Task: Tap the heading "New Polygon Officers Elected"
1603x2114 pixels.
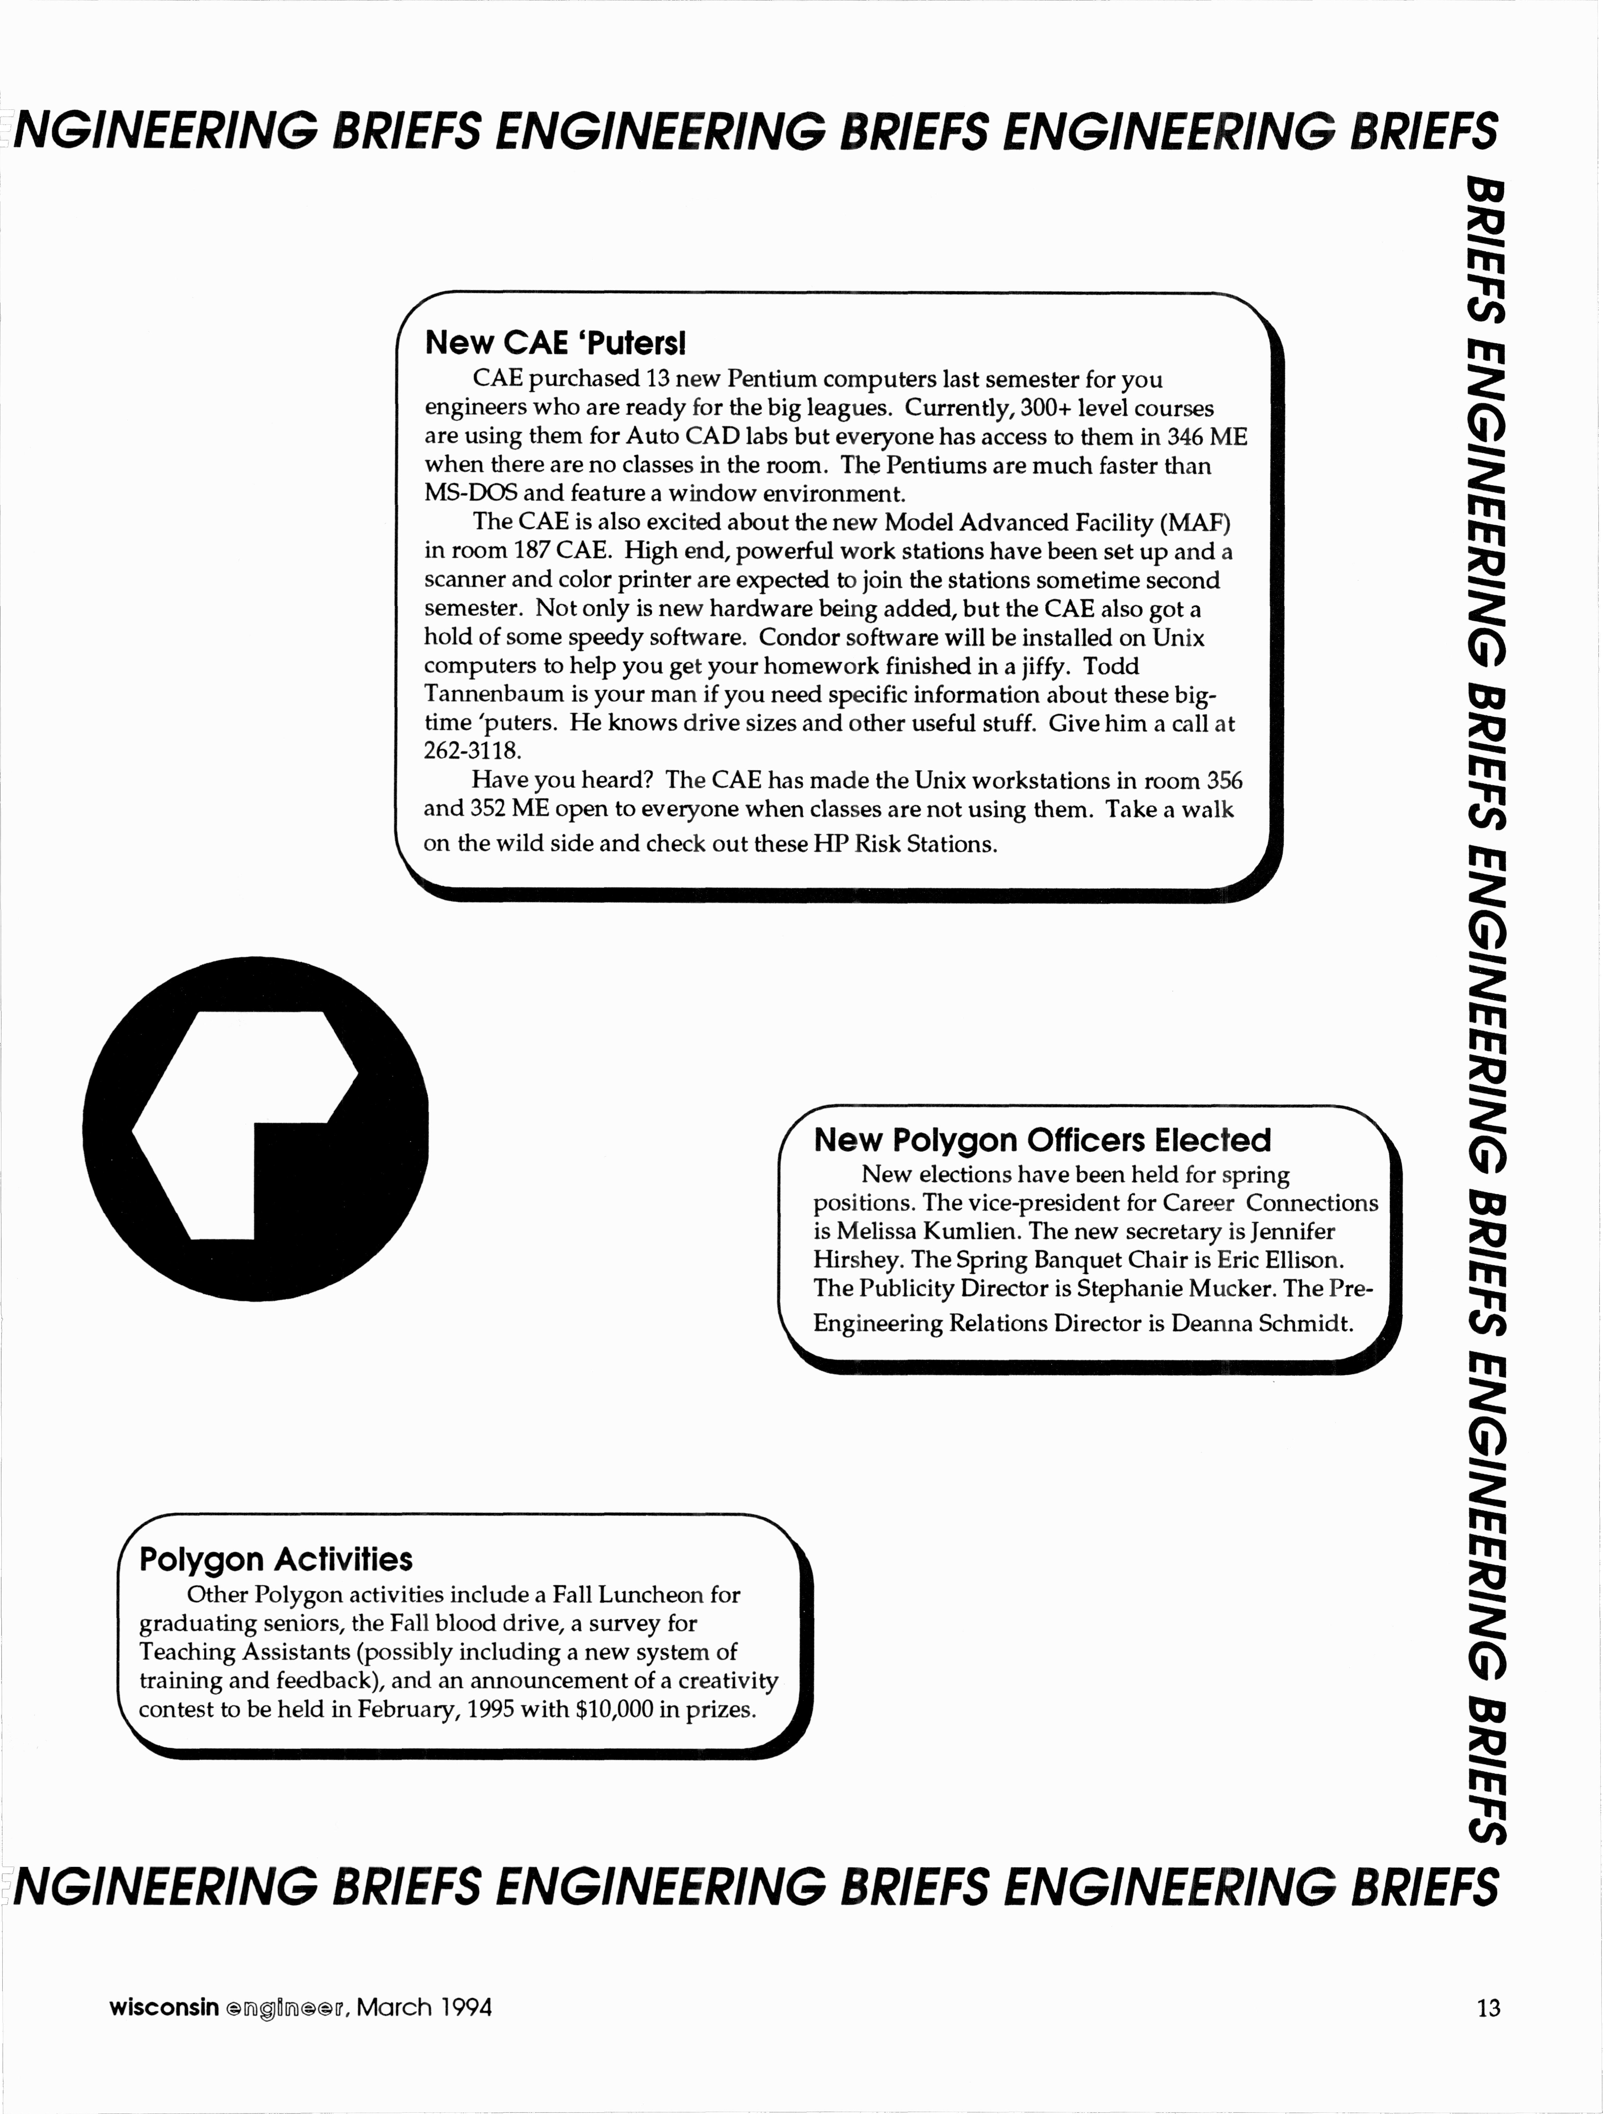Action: tap(1042, 1140)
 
